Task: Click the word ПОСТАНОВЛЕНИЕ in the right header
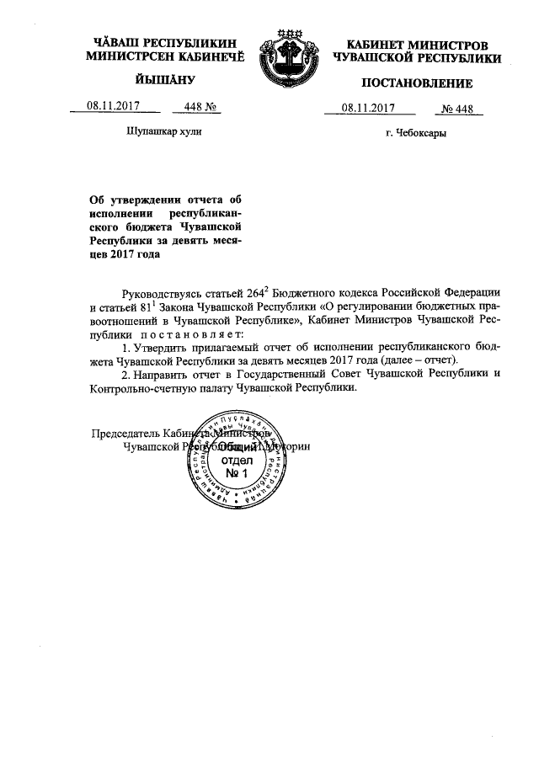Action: point(417,83)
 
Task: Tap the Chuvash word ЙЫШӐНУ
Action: point(164,80)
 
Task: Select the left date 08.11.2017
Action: point(112,106)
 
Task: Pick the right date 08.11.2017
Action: point(369,107)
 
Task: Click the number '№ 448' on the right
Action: point(458,107)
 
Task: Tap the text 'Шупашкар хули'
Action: point(163,133)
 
